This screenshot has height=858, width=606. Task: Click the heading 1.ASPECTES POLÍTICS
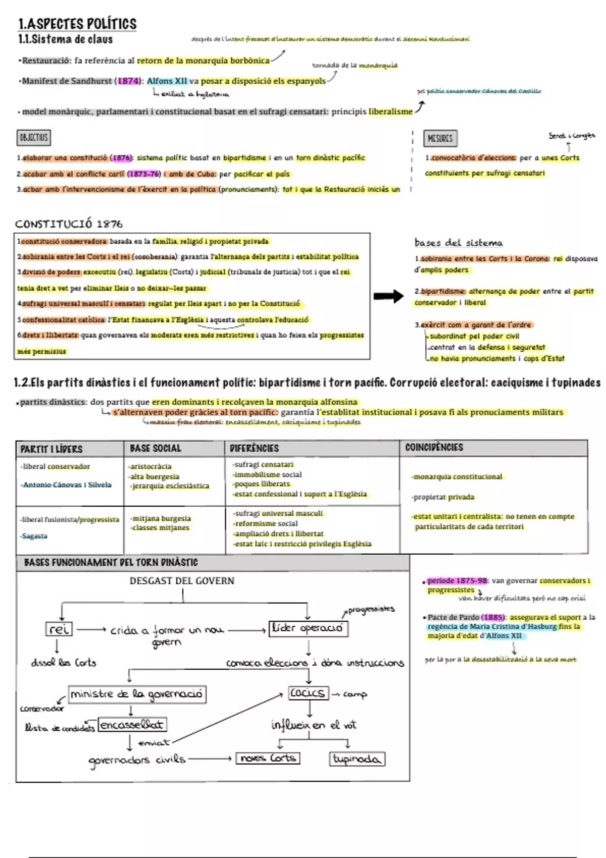click(x=77, y=24)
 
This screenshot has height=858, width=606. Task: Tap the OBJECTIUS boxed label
click(x=34, y=137)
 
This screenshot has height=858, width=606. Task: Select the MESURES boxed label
click(x=440, y=138)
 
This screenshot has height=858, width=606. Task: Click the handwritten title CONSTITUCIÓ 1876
click(x=69, y=224)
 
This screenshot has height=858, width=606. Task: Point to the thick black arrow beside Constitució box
click(x=388, y=296)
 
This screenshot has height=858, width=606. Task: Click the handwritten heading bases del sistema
click(x=458, y=243)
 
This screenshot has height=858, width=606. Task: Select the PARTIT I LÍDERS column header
click(x=51, y=449)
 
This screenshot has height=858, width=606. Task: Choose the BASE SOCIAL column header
click(x=155, y=448)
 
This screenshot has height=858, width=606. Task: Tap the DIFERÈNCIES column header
click(x=254, y=448)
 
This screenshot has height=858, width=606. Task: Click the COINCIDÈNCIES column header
click(x=434, y=447)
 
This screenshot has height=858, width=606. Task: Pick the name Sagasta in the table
click(x=35, y=536)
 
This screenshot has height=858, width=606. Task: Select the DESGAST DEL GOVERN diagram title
click(x=182, y=581)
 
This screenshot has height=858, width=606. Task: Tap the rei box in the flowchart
click(x=59, y=629)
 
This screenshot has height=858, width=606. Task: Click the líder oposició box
click(x=308, y=628)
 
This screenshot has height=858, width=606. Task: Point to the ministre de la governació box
click(x=137, y=694)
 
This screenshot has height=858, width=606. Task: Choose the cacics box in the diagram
click(x=308, y=693)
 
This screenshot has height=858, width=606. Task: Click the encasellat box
click(x=132, y=725)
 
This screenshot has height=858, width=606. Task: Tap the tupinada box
click(x=357, y=759)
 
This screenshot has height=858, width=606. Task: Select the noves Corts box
click(x=268, y=758)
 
